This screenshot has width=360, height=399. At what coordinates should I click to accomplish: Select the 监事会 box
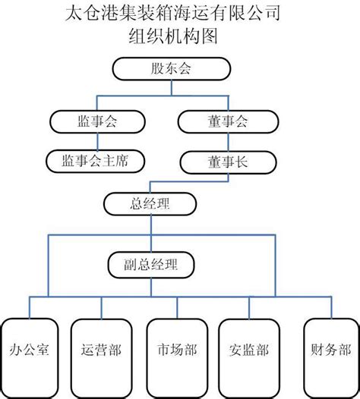(96, 120)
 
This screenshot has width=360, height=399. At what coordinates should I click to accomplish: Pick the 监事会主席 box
(96, 160)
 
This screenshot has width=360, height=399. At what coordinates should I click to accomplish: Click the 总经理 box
(149, 203)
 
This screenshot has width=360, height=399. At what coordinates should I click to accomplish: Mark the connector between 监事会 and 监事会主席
(96, 140)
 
